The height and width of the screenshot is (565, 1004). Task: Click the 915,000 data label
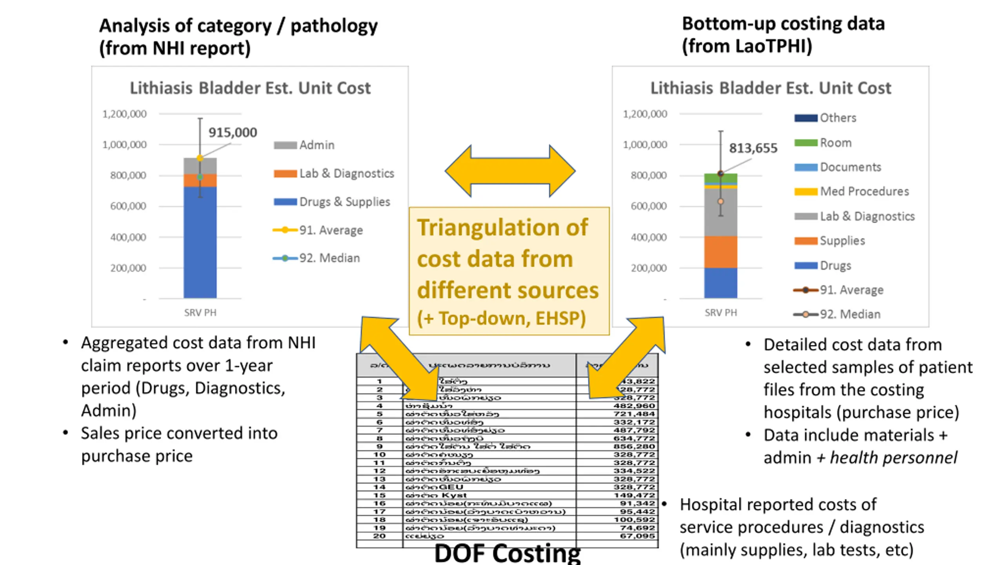point(233,133)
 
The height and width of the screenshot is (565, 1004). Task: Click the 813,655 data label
point(753,148)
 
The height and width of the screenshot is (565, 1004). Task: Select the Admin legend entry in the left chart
point(304,145)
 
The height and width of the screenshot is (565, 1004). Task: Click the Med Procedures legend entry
point(851,191)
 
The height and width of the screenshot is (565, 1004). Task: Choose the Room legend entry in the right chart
point(823,143)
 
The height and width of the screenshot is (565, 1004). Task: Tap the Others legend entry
point(825,118)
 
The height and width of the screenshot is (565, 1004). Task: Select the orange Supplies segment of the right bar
point(720,252)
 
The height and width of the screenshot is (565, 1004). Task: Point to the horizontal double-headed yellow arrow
point(510,171)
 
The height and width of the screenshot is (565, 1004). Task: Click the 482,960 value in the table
point(634,406)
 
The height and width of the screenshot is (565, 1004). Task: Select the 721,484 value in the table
point(634,414)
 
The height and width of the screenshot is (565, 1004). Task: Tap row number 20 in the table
point(379,536)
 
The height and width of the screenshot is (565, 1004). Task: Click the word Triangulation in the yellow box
point(502,228)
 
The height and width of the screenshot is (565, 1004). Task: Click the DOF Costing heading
point(507,553)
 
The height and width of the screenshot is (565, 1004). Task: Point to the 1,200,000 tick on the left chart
point(124,114)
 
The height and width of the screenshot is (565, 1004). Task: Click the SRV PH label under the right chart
point(720,313)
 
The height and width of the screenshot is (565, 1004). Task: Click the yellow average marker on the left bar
point(200,158)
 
